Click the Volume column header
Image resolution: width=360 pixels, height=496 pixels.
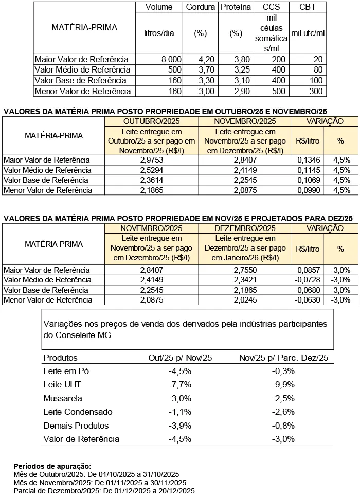159,7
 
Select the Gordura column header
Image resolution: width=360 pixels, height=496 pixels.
200,7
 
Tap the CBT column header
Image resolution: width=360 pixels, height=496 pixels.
308,7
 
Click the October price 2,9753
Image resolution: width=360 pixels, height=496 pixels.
152,160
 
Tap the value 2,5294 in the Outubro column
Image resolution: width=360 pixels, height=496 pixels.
152,170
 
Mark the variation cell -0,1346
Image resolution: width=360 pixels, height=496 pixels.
307,160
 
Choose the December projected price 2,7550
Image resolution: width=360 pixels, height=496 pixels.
244,270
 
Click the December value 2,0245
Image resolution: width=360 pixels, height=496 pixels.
244,299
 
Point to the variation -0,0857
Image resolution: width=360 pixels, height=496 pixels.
308,270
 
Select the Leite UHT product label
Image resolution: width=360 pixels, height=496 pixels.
62,384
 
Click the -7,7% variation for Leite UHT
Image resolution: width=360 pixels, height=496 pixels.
180,384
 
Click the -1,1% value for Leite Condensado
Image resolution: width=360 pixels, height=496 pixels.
180,412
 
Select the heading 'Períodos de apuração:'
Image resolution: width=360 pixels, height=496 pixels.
52,465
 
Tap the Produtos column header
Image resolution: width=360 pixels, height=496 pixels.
60,358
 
